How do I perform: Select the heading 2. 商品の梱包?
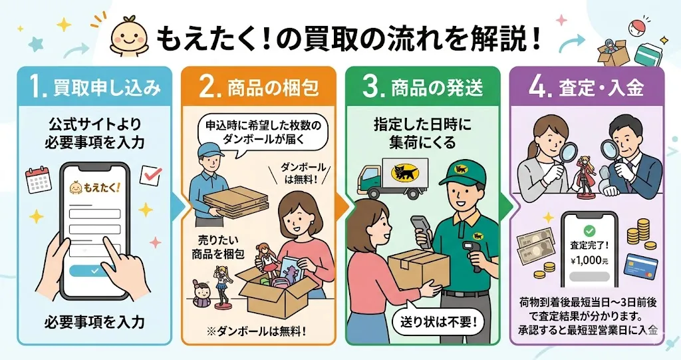tap(258, 87)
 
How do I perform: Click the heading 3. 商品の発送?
tap(422, 87)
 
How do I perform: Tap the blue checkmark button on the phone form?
tap(94, 271)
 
